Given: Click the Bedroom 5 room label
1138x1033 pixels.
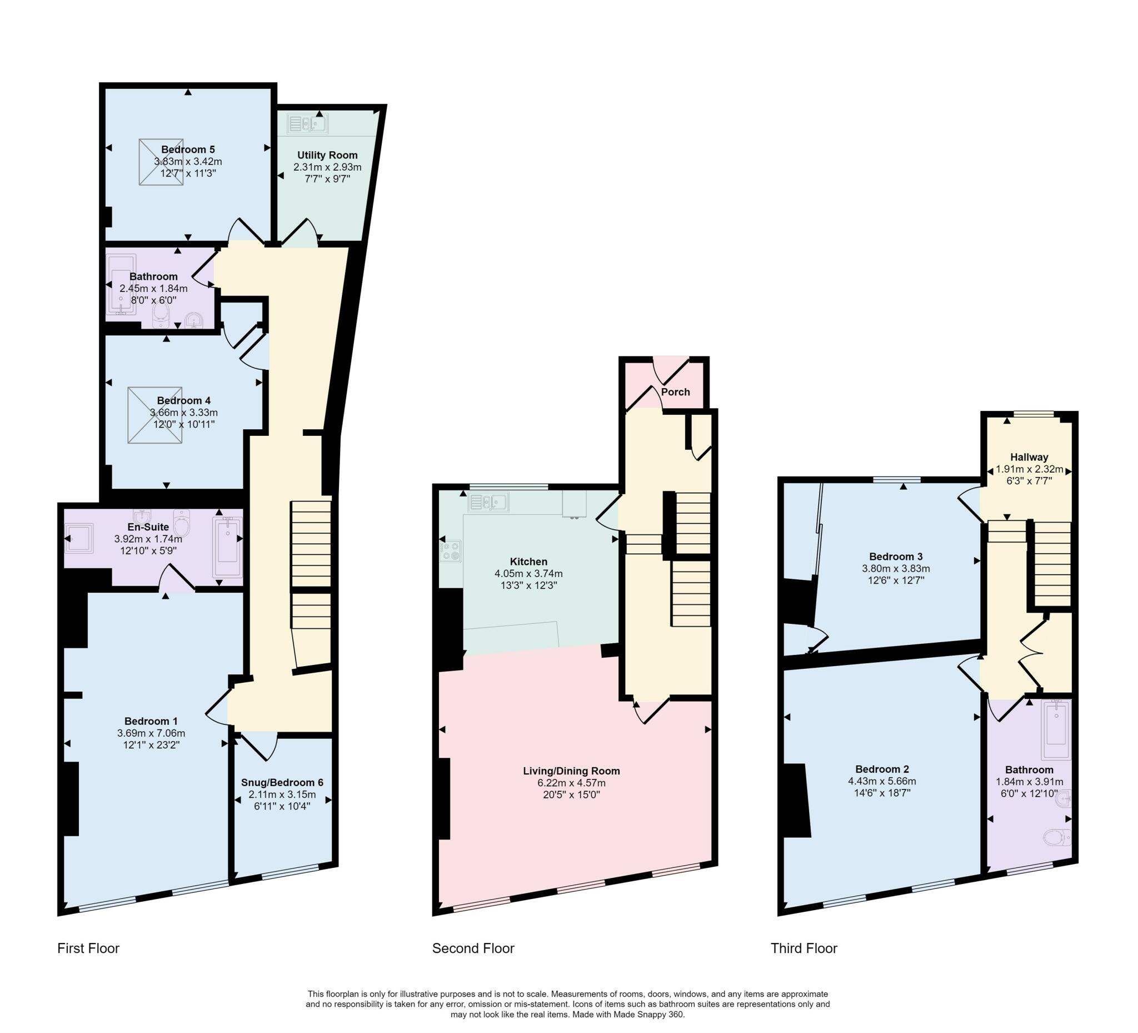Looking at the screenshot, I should tap(188, 150).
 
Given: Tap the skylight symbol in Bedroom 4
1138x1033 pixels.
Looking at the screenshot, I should tap(154, 415).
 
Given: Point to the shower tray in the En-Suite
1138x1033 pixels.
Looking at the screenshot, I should tap(78, 538).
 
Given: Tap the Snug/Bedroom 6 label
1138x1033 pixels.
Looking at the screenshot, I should tap(282, 782).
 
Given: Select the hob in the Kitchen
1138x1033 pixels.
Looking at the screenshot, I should tap(451, 551).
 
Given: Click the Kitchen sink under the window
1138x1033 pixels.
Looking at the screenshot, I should tap(488, 501).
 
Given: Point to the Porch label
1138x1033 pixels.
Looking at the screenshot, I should tap(675, 392).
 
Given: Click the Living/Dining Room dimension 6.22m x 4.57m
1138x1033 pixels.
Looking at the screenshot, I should tap(571, 783).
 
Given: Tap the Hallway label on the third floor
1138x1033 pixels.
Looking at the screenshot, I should tap(1029, 457).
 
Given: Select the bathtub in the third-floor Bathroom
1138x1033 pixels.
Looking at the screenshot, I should tap(1056, 729).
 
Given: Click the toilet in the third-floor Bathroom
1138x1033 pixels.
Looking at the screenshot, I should tap(1056, 837).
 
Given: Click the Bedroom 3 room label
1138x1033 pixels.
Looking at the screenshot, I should tap(896, 557).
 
